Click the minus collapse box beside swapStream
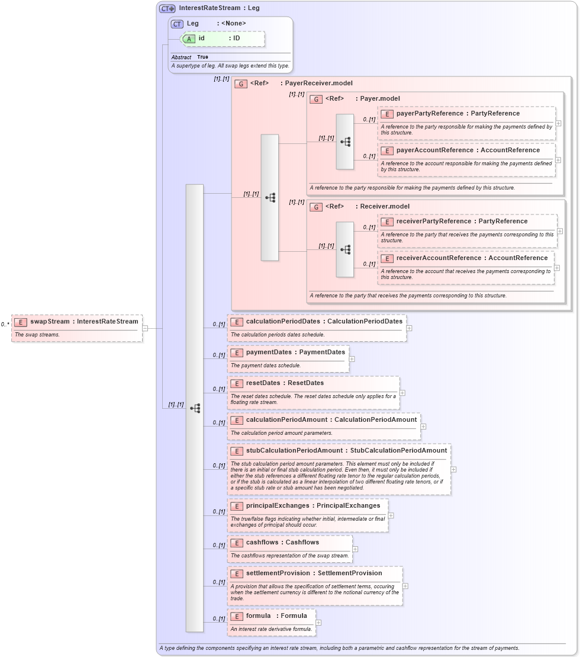[x=145, y=328]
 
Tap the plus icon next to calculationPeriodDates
[x=409, y=328]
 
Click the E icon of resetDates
[x=237, y=383]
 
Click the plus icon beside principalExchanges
[x=391, y=515]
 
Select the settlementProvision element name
[x=278, y=573]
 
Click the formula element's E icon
[x=237, y=616]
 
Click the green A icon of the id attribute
[x=189, y=39]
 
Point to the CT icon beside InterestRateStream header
[x=167, y=8]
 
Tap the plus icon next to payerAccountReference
[x=558, y=160]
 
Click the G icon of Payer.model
[x=316, y=99]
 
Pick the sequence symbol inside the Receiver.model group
[x=345, y=249]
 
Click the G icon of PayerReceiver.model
[x=241, y=84]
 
